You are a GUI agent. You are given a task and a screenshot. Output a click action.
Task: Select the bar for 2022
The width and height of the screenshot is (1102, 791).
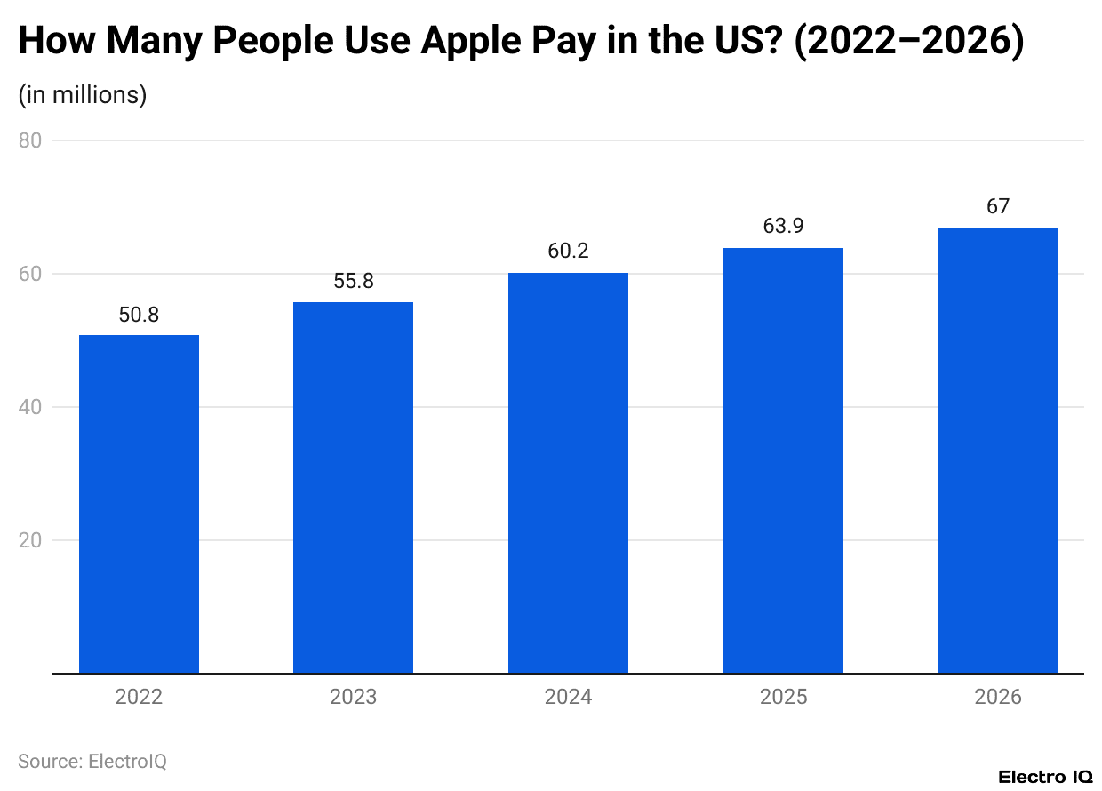139,504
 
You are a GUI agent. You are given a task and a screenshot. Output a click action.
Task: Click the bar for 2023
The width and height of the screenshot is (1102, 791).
353,488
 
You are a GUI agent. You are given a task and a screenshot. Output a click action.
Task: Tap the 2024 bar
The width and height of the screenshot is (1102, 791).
568,473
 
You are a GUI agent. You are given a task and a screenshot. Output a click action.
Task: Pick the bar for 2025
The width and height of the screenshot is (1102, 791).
783,460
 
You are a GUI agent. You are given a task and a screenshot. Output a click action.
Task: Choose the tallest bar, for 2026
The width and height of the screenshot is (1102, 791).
998,451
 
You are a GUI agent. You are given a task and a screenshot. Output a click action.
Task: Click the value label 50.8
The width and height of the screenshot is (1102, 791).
139,315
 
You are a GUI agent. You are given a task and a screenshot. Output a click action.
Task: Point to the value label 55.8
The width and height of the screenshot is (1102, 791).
353,282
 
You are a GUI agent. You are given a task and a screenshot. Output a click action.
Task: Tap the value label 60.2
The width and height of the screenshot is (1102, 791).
568,252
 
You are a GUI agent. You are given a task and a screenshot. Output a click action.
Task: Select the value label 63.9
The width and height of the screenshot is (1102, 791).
783,227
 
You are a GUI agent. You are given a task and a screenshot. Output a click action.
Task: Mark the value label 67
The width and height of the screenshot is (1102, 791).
998,206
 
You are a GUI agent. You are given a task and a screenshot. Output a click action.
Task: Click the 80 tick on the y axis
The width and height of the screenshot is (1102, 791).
29,140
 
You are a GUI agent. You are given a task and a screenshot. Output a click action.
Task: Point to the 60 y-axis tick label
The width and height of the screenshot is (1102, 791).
29,274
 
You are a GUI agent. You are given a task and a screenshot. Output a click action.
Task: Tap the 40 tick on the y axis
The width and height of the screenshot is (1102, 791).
29,407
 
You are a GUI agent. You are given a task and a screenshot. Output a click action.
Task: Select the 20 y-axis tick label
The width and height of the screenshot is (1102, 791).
29,540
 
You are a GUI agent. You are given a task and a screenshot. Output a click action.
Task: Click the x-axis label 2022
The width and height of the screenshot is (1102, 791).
139,697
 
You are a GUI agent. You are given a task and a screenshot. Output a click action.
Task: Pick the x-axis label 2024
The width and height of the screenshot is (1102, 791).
568,697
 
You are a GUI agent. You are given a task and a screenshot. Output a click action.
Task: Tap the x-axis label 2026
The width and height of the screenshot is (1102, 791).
998,697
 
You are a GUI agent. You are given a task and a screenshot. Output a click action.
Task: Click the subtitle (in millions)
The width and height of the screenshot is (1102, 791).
83,94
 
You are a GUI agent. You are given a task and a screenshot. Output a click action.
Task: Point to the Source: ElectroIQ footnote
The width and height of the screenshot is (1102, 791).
92,761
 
